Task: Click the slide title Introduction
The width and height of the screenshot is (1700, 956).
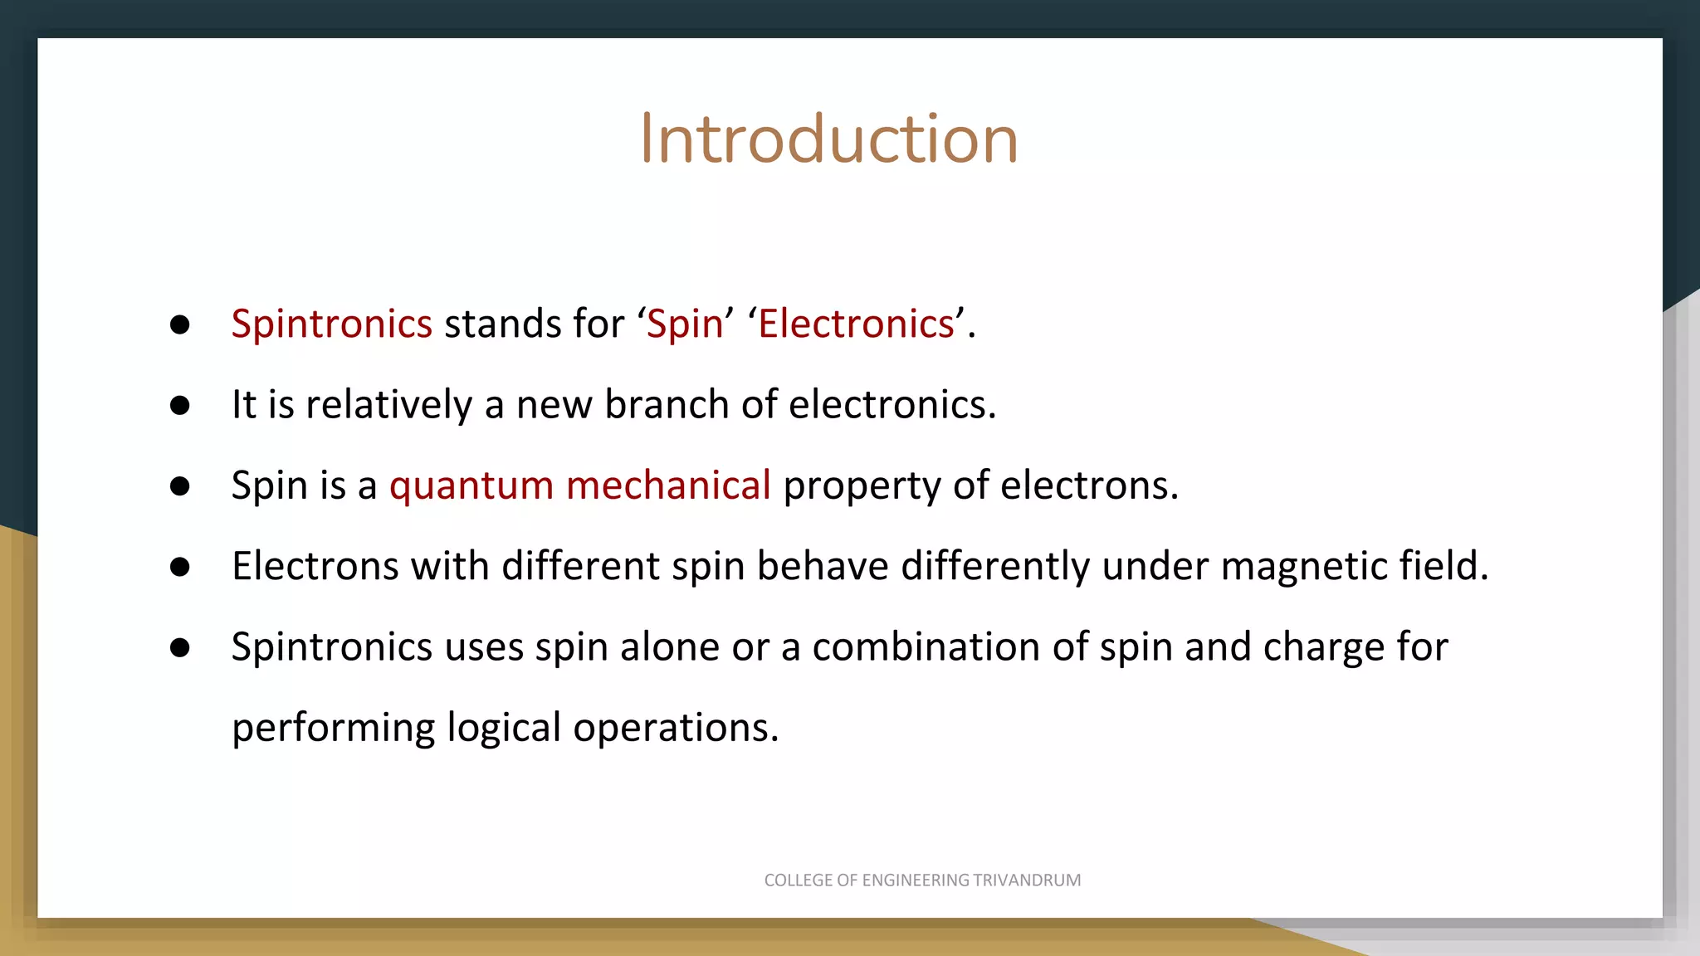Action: pyautogui.click(x=828, y=139)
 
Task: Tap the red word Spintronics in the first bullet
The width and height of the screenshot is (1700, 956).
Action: pyautogui.click(x=331, y=324)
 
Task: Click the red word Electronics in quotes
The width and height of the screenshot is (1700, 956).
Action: pyautogui.click(x=856, y=324)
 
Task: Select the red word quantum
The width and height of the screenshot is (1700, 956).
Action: pyautogui.click(x=471, y=485)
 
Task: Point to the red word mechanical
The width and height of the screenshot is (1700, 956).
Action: pyautogui.click(x=668, y=485)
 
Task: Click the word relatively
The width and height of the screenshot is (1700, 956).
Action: pyautogui.click(x=388, y=405)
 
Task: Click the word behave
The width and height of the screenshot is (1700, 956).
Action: pyautogui.click(x=823, y=566)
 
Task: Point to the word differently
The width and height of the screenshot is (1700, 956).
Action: pyautogui.click(x=995, y=566)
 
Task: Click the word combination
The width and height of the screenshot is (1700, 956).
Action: pyautogui.click(x=926, y=646)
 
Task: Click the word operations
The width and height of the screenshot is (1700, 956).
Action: pyautogui.click(x=676, y=728)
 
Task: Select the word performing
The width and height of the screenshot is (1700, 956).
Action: pyautogui.click(x=333, y=728)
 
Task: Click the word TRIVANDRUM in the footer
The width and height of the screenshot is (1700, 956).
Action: pyautogui.click(x=1027, y=880)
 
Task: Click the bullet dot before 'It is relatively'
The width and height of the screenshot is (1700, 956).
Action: pyautogui.click(x=180, y=406)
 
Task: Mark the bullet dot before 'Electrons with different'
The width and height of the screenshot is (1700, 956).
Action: pyautogui.click(x=180, y=567)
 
